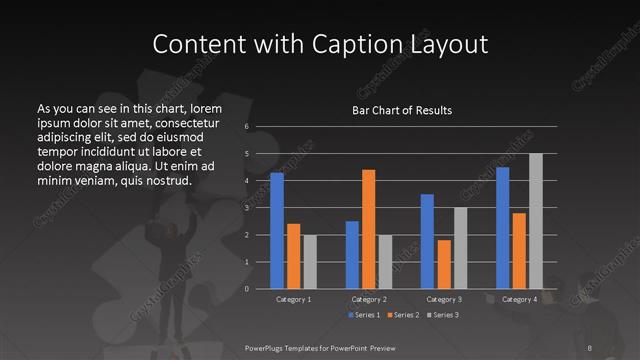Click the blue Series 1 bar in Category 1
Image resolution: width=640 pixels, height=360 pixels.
277,231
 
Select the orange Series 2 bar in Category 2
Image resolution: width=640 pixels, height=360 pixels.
369,229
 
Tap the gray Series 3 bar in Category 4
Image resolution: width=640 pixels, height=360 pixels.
536,221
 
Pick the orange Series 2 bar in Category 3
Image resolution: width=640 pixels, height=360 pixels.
444,264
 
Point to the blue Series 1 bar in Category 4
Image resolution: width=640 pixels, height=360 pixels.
503,228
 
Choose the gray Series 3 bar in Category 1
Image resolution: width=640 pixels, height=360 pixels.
310,262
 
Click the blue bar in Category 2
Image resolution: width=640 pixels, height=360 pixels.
352,255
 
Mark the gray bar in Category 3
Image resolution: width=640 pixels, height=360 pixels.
461,248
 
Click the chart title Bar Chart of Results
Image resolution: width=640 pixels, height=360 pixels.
403,109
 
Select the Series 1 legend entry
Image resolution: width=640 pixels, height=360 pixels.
364,315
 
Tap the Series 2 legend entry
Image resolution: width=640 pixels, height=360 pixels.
403,315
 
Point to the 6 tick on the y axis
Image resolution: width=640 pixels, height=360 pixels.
246,127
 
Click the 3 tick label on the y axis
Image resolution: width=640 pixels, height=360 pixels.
246,208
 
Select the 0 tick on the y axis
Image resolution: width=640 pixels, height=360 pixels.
246,289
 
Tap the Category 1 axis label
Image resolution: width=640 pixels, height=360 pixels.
294,299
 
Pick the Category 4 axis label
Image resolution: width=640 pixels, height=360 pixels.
519,299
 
